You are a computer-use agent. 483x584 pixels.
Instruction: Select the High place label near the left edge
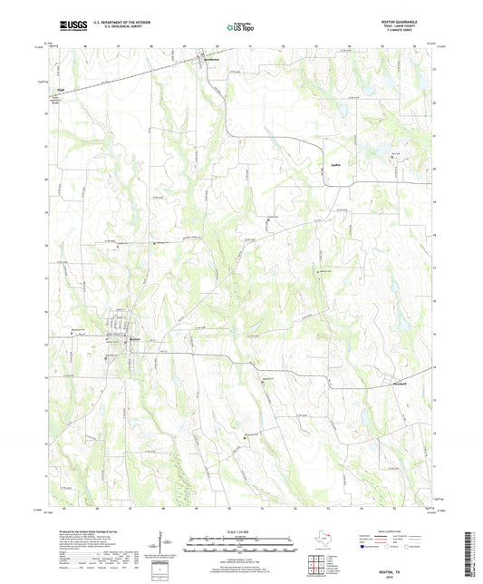(x=62, y=90)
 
